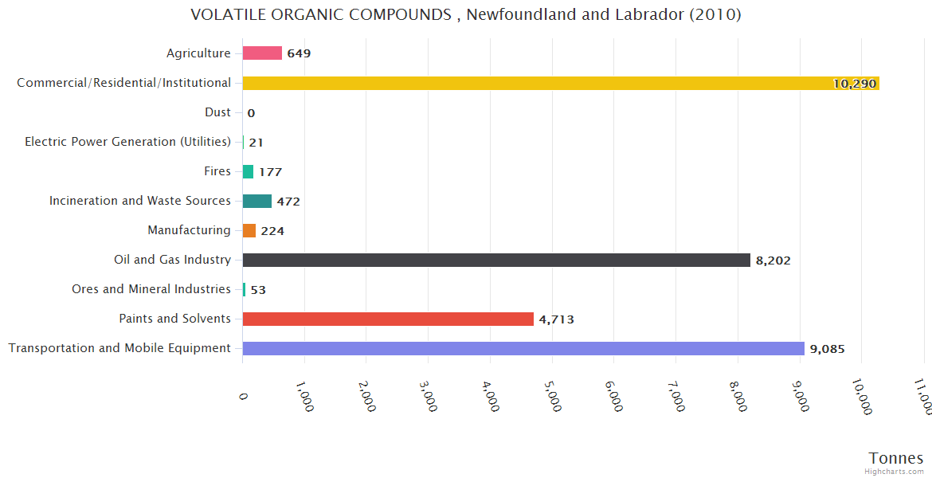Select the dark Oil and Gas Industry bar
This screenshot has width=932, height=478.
pyautogui.click(x=496, y=260)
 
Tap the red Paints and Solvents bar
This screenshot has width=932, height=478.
pyautogui.click(x=388, y=319)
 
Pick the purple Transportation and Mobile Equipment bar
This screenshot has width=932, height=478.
pyautogui.click(x=523, y=348)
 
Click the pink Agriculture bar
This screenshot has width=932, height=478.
pyautogui.click(x=262, y=53)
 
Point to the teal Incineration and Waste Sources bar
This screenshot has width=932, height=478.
pyautogui.click(x=256, y=201)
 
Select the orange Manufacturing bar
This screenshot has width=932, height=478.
pyautogui.click(x=249, y=230)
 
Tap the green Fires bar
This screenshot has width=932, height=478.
pyautogui.click(x=248, y=171)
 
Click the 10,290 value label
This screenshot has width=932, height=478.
pyautogui.click(x=854, y=84)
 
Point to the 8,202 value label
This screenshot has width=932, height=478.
pyautogui.click(x=772, y=261)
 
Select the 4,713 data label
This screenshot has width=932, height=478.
pyautogui.click(x=556, y=319)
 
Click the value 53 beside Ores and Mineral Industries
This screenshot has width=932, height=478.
pyautogui.click(x=258, y=290)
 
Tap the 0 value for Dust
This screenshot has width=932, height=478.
pyautogui.click(x=251, y=113)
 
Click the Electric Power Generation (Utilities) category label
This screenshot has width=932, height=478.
pyautogui.click(x=127, y=142)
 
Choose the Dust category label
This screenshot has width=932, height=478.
pyautogui.click(x=217, y=112)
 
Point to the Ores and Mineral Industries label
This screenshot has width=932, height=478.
pyautogui.click(x=151, y=289)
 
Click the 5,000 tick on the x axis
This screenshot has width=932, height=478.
pyautogui.click(x=552, y=394)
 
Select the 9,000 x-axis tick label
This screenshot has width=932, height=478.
pyautogui.click(x=799, y=394)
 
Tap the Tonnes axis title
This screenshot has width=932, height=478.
pyautogui.click(x=895, y=458)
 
